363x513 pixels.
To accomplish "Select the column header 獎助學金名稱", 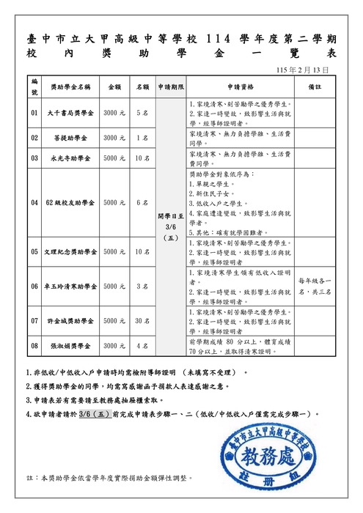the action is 70,86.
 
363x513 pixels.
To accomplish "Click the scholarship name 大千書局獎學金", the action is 70,114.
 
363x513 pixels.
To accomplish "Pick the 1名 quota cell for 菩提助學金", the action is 142,137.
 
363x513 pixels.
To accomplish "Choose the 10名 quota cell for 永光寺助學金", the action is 142,158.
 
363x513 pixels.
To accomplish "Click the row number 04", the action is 34,202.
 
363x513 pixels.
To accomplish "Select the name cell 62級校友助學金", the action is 70,202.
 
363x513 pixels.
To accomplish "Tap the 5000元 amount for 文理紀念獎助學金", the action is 114,251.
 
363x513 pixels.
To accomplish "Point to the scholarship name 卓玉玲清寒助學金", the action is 70,286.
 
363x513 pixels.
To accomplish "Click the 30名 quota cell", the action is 142,320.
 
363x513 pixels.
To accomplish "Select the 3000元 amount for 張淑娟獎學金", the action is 114,344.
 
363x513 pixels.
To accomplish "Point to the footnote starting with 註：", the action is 110,477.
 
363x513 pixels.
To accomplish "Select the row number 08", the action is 34,344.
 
